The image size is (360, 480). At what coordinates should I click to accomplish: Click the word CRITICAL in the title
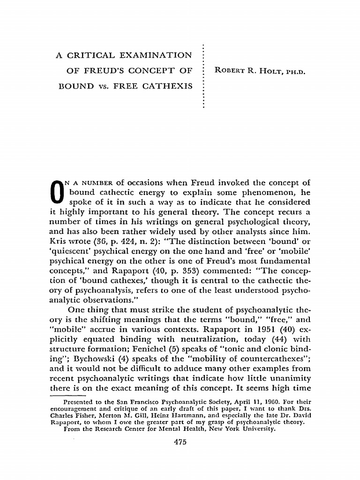[x=95, y=56]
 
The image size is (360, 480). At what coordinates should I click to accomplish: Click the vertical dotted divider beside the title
[x=202, y=75]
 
